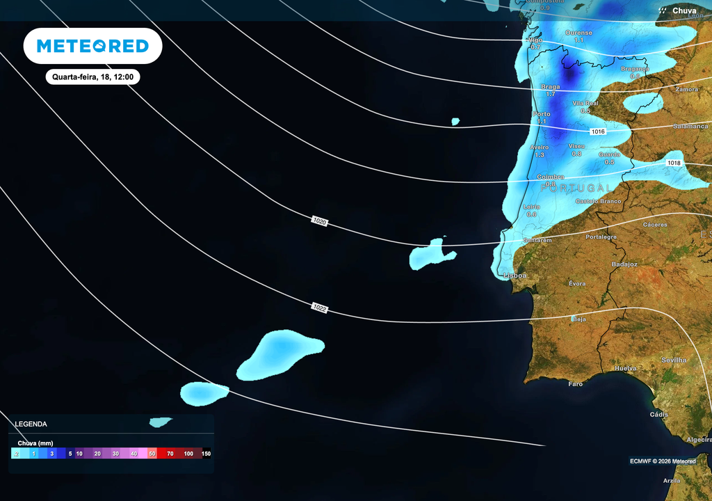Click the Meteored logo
tap(92, 46)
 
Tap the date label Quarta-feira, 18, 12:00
tap(92, 77)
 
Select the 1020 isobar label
tap(320, 221)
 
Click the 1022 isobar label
tap(320, 307)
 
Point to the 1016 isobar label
tap(597, 132)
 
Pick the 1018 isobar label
tap(673, 163)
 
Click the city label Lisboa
tap(515, 276)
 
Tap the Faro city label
tap(575, 383)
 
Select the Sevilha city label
tap(674, 360)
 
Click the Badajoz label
tap(624, 264)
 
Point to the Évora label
tap(577, 283)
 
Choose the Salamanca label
tap(689, 126)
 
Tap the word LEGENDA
tap(31, 424)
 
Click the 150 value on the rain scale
tap(206, 454)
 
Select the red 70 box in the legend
tap(170, 454)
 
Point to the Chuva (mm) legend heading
tap(35, 443)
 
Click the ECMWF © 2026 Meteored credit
tap(663, 461)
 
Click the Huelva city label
tap(626, 368)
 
